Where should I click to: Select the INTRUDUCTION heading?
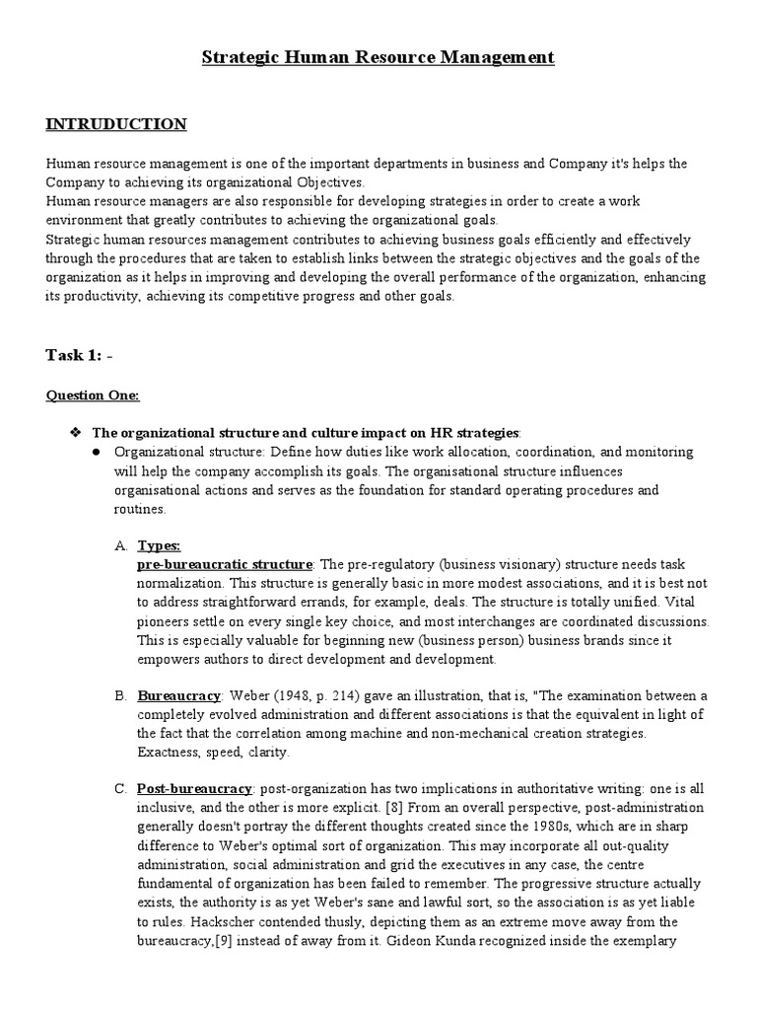tap(116, 124)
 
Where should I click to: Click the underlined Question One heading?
tap(93, 396)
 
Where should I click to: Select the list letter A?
tap(121, 545)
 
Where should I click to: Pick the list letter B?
tap(121, 696)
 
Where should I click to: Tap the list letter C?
tap(121, 790)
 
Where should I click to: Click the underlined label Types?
tap(159, 545)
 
